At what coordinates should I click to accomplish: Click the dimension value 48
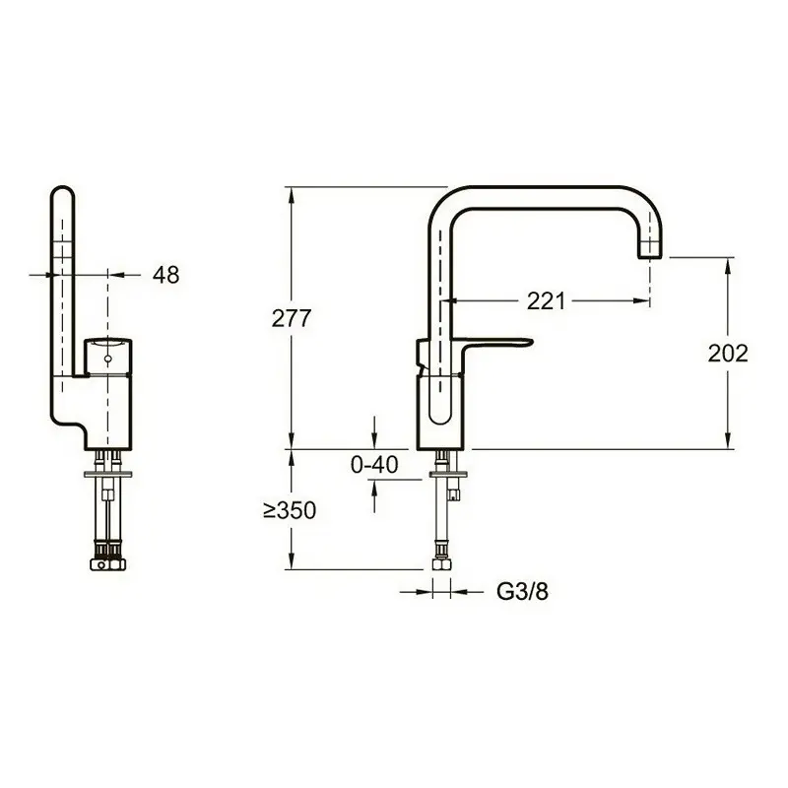click(x=165, y=275)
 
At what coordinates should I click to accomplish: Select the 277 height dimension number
click(x=292, y=318)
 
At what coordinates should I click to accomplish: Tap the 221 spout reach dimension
click(x=547, y=301)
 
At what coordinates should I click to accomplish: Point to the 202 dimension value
click(x=728, y=354)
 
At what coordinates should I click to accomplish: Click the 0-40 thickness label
click(x=374, y=464)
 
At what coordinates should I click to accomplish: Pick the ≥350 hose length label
click(x=290, y=510)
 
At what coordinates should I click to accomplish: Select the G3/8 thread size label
click(x=522, y=592)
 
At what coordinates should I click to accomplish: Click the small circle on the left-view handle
click(x=107, y=360)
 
